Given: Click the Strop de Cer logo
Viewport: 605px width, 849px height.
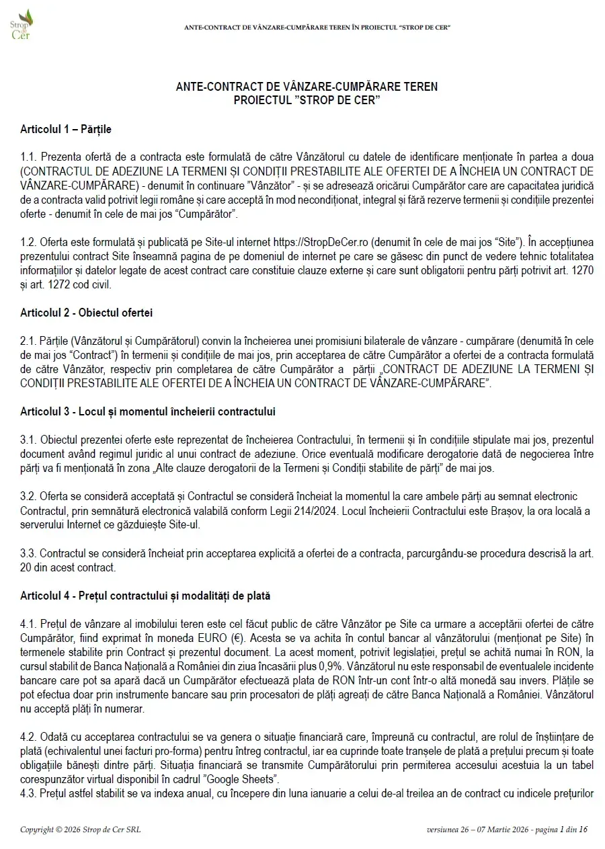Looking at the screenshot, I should point(22,25).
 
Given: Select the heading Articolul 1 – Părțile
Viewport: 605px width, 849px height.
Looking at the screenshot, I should point(66,128).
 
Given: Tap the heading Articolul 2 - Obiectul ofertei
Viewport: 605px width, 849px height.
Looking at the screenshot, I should point(87,313).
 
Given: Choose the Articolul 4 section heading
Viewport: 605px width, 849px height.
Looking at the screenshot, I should point(145,596).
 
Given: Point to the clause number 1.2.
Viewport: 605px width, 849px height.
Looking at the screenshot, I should point(28,242).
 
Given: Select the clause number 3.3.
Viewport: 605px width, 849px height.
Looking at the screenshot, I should point(28,553).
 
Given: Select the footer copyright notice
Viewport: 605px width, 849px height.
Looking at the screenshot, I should point(80,830).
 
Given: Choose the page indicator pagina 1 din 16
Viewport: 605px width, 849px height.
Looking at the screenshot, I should point(561,830).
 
